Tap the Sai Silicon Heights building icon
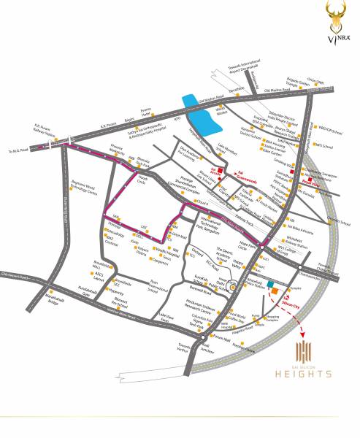304,350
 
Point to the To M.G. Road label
16,151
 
